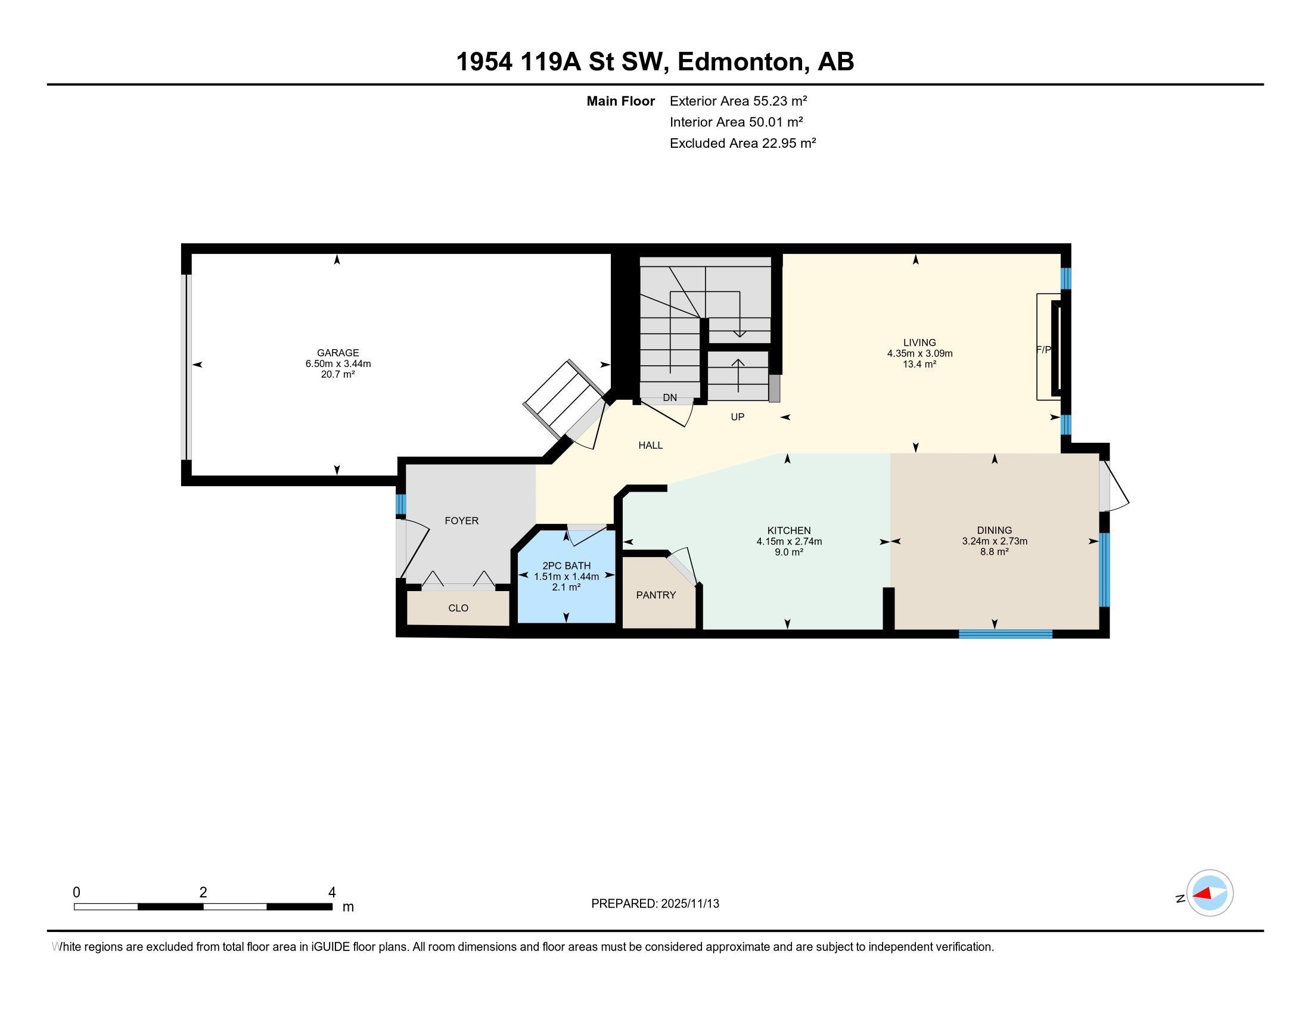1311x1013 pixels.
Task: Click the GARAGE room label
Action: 338,353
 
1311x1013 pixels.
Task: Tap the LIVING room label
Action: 919,343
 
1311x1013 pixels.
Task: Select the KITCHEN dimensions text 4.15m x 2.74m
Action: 789,541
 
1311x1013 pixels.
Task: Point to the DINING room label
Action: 995,530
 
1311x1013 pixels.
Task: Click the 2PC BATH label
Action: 566,566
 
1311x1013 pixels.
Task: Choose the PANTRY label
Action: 656,595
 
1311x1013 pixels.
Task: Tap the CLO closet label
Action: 458,608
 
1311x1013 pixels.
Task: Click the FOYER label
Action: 462,521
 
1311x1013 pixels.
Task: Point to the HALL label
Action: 651,445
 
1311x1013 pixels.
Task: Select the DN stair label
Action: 670,397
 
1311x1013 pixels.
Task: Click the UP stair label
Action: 738,417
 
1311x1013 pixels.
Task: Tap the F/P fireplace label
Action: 1044,349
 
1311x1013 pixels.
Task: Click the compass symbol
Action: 1209,894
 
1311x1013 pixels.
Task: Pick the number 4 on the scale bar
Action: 332,893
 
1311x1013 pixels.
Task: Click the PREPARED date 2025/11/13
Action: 689,904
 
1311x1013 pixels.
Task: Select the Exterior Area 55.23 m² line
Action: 738,101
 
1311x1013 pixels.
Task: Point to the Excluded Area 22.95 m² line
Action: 743,143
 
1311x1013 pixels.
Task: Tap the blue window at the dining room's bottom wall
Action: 1005,634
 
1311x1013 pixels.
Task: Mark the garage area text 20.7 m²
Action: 338,374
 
